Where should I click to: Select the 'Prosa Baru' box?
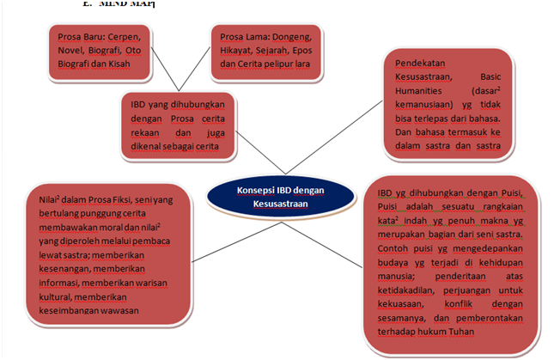(x=100, y=52)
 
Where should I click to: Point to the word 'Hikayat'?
(x=240, y=51)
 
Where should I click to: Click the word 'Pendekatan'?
(x=423, y=63)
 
